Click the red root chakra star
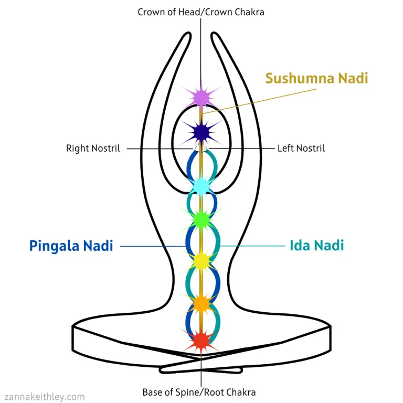pos(201,341)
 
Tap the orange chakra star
pos(201,304)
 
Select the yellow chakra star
pos(201,261)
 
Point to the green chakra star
pos(201,219)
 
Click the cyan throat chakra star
pos(201,185)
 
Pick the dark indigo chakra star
pos(201,133)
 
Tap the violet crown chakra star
pos(201,97)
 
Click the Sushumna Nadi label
pos(316,78)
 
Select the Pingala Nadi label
pos(71,246)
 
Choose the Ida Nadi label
pos(316,245)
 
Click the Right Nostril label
pos(93,149)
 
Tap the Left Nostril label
pos(301,149)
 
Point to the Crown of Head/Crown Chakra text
pos(201,12)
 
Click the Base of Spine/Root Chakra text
pos(199,392)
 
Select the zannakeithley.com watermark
pos(45,397)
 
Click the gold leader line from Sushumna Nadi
pos(260,101)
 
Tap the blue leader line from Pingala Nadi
pos(153,246)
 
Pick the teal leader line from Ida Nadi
pos(252,246)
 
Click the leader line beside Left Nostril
pos(241,149)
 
